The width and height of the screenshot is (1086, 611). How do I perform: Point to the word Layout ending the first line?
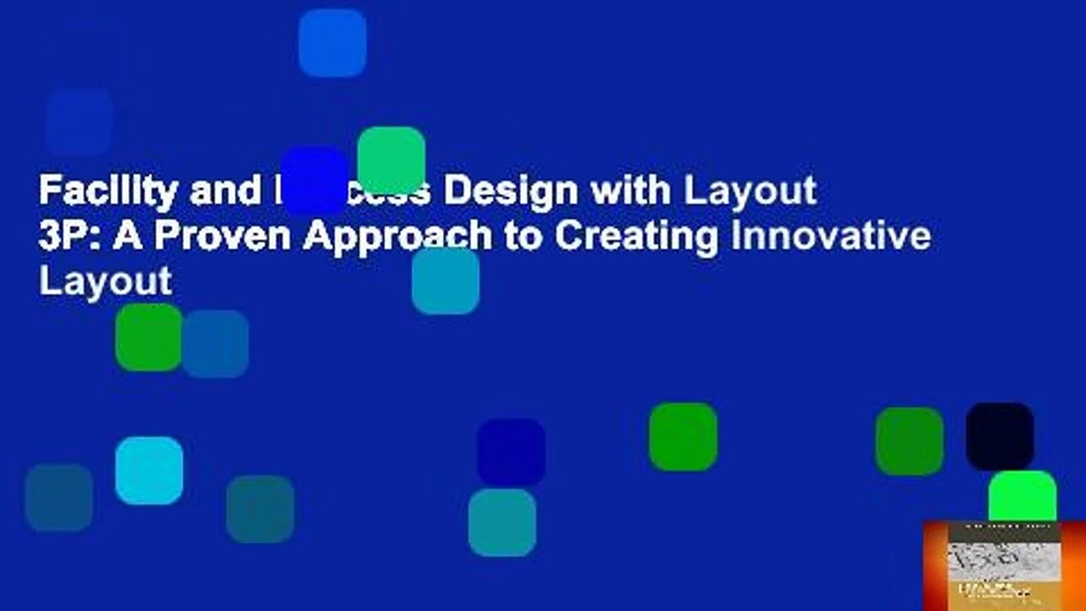[x=751, y=192]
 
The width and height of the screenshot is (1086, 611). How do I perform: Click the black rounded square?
[x=999, y=436]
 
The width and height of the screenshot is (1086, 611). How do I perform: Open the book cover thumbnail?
[x=1005, y=565]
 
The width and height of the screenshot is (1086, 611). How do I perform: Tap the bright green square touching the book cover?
[x=1022, y=496]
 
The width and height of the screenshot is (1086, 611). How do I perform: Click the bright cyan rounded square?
[x=149, y=470]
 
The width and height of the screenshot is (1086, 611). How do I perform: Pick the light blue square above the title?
[x=333, y=42]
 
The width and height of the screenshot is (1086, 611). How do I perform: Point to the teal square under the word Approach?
[x=445, y=281]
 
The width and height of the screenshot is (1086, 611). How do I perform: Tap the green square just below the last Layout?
[x=148, y=338]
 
